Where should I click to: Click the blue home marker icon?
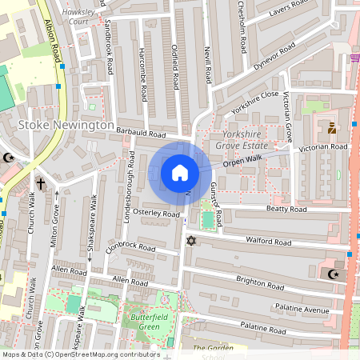tap(180, 174)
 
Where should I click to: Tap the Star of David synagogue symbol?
tap(190, 241)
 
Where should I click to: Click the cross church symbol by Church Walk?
tap(41, 183)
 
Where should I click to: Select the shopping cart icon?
tap(354, 58)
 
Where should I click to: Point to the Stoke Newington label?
tap(66, 126)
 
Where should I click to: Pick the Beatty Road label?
tap(286, 210)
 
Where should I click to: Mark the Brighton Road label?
tap(259, 281)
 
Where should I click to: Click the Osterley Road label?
tap(157, 214)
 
